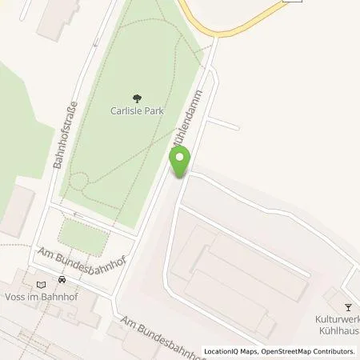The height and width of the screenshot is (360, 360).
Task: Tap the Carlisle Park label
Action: click(x=138, y=113)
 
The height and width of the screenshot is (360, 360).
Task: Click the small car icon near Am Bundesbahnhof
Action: click(x=62, y=281)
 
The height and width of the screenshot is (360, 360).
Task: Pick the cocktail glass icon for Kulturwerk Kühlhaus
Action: click(x=347, y=306)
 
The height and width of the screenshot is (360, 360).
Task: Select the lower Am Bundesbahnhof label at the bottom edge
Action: click(x=152, y=336)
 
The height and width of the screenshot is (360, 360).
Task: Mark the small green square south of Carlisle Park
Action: click(x=84, y=236)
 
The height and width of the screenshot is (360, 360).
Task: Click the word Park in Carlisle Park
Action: click(x=157, y=113)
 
